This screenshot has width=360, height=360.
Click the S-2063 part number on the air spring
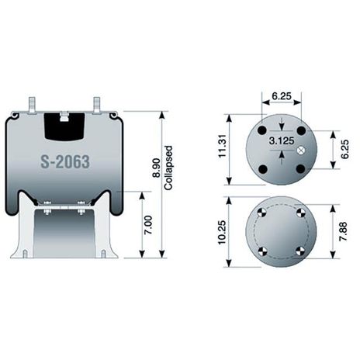click(x=64, y=163)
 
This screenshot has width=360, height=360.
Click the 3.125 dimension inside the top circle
click(x=282, y=142)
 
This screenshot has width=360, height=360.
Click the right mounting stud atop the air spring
click(x=98, y=103)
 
